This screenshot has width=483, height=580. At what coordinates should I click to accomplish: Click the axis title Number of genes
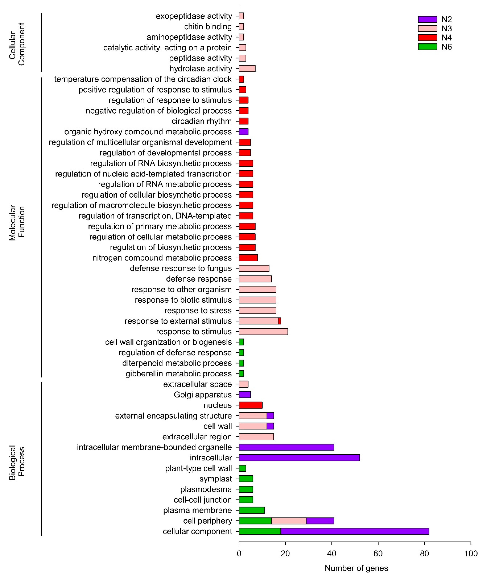356,568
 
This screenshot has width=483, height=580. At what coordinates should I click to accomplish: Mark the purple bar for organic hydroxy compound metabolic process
243,132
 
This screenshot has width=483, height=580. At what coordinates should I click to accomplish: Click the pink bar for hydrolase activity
247,69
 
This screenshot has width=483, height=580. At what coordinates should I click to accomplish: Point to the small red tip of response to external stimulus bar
280,321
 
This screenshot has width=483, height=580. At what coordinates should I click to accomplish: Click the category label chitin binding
208,26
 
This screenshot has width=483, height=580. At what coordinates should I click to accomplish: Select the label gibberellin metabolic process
179,374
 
